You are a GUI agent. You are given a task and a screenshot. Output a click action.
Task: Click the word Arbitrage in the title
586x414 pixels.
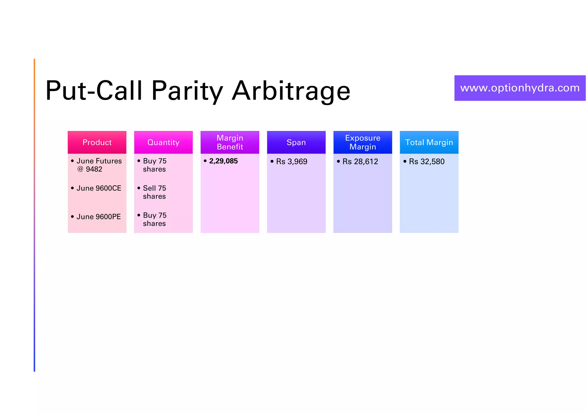tap(291, 91)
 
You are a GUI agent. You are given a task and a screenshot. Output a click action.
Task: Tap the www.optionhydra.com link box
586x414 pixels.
tap(520, 88)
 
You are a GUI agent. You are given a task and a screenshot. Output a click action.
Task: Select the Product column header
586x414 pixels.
tap(97, 142)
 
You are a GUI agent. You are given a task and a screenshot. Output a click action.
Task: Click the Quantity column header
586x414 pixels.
tap(163, 142)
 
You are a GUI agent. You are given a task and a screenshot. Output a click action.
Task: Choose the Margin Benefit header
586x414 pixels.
tap(230, 142)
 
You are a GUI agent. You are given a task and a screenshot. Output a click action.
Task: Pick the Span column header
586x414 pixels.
tap(296, 142)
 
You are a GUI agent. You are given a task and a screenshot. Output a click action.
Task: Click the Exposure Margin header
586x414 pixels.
tap(363, 142)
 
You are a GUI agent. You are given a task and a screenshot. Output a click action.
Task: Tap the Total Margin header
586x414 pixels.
tap(429, 142)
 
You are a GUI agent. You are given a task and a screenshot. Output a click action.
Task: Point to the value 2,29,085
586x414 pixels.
tap(223, 161)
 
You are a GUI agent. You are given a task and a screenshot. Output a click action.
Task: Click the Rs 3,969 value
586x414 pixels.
tap(292, 162)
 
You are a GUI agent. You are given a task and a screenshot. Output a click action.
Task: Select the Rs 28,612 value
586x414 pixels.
tap(360, 162)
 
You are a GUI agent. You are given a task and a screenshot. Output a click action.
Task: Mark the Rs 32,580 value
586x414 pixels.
tap(427, 162)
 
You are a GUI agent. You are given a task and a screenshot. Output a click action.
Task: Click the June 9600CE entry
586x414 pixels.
tap(99, 188)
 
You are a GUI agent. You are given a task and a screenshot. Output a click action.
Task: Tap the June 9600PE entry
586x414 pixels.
tap(99, 217)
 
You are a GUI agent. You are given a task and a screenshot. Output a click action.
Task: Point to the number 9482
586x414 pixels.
tap(94, 169)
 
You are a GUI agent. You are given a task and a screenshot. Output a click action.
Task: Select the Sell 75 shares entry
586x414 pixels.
tap(155, 192)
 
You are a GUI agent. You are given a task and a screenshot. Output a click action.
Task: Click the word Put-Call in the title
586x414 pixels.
tap(94, 91)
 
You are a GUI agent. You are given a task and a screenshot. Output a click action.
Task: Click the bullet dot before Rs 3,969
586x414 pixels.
tap(272, 162)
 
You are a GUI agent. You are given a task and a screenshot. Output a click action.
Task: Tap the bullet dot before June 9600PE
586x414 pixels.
tap(72, 217)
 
